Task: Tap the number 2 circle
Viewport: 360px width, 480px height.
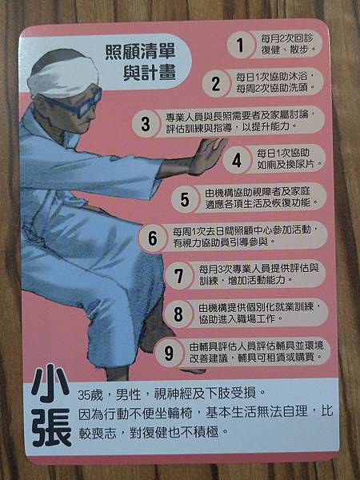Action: (214, 82)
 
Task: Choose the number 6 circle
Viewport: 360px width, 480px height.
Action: (152, 238)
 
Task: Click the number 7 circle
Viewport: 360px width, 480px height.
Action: (178, 274)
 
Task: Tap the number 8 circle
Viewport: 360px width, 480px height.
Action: (178, 314)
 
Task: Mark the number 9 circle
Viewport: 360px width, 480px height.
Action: (168, 351)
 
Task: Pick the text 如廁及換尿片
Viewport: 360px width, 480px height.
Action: (287, 165)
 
